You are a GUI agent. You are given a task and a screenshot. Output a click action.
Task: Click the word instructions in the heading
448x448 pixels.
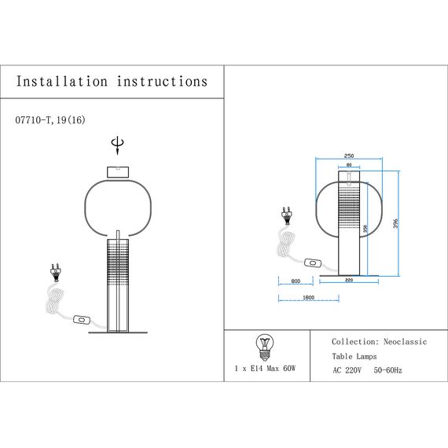click(x=162, y=82)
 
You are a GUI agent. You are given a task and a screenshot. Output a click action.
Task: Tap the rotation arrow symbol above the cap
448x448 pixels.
click(x=118, y=145)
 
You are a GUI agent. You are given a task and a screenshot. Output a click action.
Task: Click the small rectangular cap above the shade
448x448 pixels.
click(x=118, y=171)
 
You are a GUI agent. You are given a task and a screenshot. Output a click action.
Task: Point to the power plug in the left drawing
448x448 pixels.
click(x=56, y=272)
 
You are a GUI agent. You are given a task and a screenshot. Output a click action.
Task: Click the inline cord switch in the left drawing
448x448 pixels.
click(x=80, y=320)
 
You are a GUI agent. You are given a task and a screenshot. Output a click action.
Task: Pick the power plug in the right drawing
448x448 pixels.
click(x=286, y=214)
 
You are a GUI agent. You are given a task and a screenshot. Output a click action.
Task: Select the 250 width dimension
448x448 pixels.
click(x=349, y=156)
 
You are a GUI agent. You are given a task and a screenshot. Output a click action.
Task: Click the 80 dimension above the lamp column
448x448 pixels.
click(x=348, y=166)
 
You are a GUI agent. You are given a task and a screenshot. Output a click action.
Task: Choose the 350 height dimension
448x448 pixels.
click(x=366, y=230)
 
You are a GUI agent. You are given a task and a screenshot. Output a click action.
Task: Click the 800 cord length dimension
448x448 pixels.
click(x=295, y=281)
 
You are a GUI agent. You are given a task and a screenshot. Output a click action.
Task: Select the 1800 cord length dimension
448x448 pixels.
click(x=308, y=298)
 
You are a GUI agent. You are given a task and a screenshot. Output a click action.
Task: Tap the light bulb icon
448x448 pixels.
click(x=265, y=344)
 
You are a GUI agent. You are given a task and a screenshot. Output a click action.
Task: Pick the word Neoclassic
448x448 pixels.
click(x=405, y=343)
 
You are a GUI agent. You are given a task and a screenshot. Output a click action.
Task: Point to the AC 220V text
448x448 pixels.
click(x=346, y=369)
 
